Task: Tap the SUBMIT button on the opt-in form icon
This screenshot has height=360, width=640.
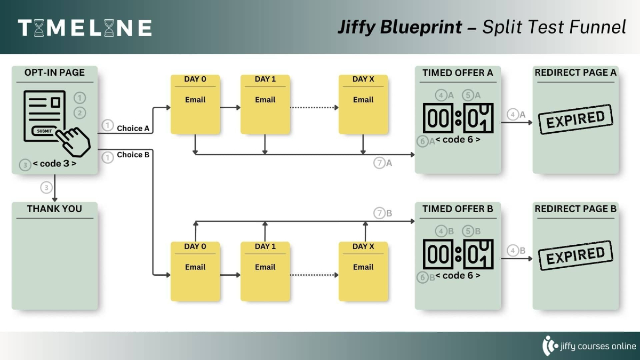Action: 45,131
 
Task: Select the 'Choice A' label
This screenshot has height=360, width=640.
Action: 133,128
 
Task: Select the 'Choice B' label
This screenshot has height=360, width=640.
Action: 133,155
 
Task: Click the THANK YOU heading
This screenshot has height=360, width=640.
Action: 54,209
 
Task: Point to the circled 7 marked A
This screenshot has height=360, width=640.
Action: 379,163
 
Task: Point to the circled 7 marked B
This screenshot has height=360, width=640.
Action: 379,213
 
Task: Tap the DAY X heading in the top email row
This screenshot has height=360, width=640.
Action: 363,79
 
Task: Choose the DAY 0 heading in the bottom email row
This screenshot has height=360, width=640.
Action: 195,246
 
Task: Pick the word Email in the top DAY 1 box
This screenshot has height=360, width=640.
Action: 265,100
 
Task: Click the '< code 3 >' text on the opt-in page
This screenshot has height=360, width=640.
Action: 54,164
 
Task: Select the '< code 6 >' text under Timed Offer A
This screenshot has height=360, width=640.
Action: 458,140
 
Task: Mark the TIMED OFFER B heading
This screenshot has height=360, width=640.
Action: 458,209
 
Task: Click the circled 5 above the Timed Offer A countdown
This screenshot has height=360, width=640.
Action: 468,95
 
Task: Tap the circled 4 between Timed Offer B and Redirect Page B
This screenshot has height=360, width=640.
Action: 513,251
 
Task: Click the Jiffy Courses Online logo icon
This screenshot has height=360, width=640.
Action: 549,346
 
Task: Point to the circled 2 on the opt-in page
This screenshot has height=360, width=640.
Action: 79,113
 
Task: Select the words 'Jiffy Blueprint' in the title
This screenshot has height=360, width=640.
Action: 399,27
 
